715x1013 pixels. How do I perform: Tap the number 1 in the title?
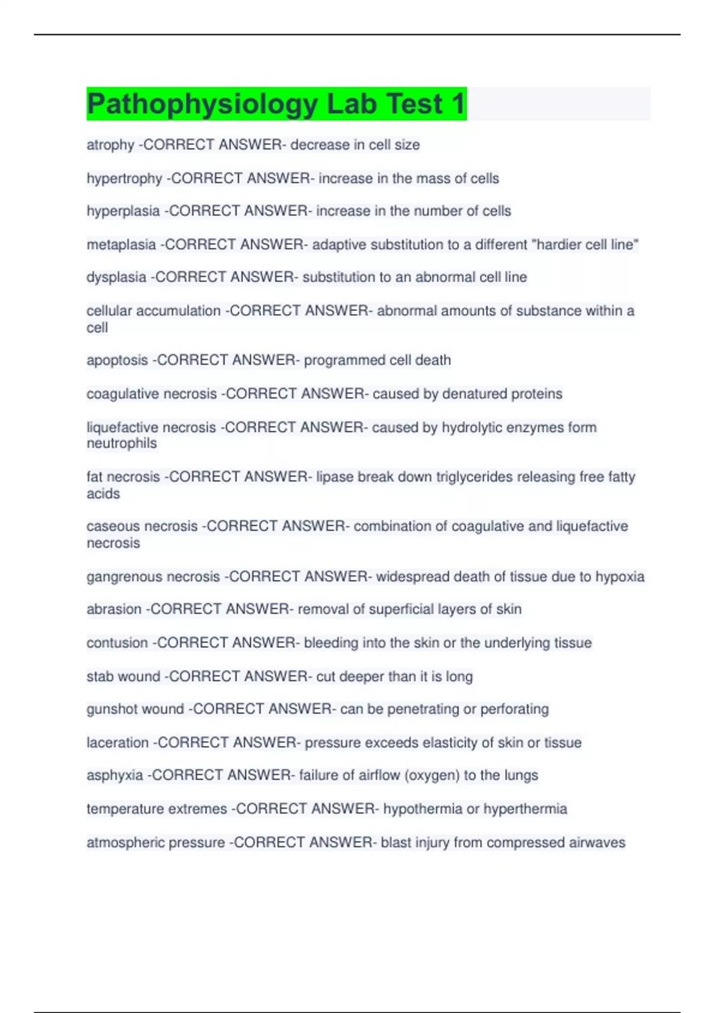tap(458, 104)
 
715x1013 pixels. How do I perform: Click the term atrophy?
tap(110, 145)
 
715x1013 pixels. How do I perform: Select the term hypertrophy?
tap(124, 178)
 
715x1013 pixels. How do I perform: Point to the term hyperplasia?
tap(123, 211)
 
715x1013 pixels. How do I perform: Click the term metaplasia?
tap(121, 244)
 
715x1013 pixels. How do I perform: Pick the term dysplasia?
tap(116, 277)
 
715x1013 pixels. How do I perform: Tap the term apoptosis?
tap(117, 361)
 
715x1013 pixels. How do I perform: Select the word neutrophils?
tap(122, 443)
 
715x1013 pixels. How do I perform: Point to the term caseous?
tap(113, 526)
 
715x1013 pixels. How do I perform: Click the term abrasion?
tap(114, 610)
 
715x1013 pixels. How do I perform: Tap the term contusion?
tap(117, 643)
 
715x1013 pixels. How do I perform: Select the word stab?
tap(100, 676)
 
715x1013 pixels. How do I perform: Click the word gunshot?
tap(110, 709)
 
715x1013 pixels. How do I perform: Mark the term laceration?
tap(117, 742)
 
